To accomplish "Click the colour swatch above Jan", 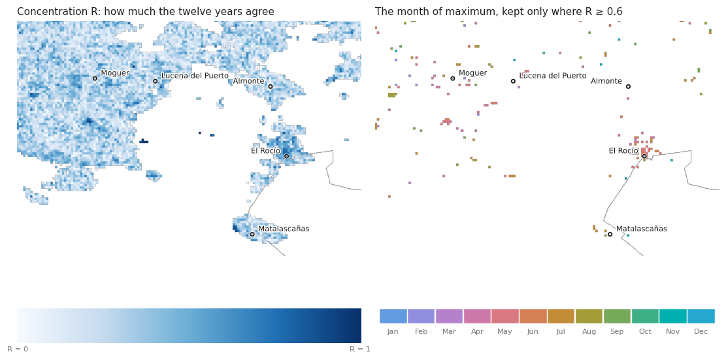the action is [x=393, y=316].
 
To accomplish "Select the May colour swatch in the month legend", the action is [x=505, y=316].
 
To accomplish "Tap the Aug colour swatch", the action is [x=589, y=316].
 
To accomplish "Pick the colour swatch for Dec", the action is [x=701, y=316].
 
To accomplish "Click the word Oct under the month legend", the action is [x=645, y=331].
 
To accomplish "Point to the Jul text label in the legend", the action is [x=561, y=331].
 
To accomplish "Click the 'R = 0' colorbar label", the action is [x=18, y=349].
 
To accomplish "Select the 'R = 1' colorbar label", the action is [x=360, y=349].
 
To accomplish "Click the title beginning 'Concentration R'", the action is [x=145, y=12].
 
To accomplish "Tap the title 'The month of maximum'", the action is [x=499, y=12].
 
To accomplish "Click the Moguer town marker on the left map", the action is [x=95, y=78].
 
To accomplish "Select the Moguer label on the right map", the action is [x=472, y=73].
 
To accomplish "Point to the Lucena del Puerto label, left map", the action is [x=195, y=75].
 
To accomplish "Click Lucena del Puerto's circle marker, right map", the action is [x=513, y=81].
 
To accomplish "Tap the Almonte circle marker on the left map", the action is [x=271, y=86].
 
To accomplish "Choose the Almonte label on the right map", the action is [x=606, y=81].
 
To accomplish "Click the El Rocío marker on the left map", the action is [x=287, y=156].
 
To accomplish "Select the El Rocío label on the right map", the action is [x=623, y=150].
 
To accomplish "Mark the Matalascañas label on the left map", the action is [x=284, y=229].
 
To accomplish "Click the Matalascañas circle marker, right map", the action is [x=610, y=234].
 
